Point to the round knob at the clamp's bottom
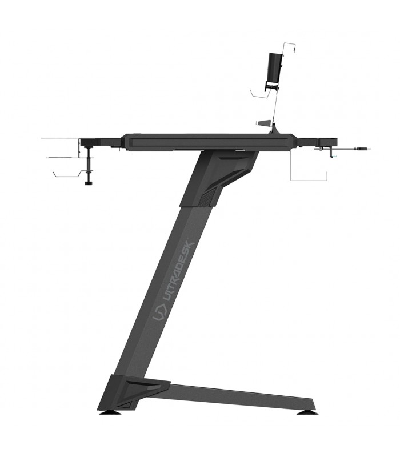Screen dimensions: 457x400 [89, 183]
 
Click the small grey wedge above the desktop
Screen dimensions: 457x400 [263, 123]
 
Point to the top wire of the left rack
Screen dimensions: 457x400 [60, 138]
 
